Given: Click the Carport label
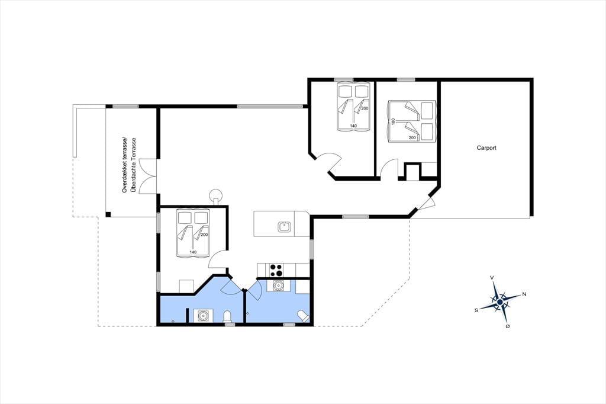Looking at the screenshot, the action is [x=486, y=148].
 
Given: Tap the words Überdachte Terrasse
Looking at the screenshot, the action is [x=134, y=165].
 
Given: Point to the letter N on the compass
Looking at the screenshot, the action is [x=524, y=294].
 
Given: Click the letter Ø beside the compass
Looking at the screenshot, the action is [x=507, y=326].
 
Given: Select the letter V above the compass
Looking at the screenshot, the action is [x=492, y=277].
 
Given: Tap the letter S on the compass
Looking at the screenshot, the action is [x=476, y=310].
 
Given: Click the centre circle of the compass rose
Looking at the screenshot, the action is [x=499, y=302].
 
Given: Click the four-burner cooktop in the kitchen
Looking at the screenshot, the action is [x=276, y=270].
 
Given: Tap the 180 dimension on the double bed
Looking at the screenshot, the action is [x=393, y=121].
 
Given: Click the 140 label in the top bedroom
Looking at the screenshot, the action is [x=353, y=126].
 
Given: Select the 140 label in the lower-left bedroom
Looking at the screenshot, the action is [x=193, y=252].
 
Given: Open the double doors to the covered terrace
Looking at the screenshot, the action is [x=148, y=176].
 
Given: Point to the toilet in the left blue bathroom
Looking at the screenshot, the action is [x=228, y=316].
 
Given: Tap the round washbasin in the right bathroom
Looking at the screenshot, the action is [x=278, y=286].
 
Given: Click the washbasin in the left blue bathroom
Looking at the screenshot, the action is [x=202, y=316].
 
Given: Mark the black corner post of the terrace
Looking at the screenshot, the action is [x=108, y=214].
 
